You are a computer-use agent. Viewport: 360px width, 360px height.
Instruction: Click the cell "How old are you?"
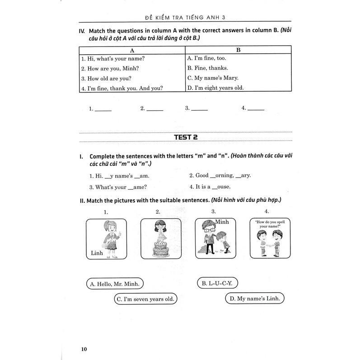(103, 79)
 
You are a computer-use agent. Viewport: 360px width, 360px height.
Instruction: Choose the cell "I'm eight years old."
(215, 88)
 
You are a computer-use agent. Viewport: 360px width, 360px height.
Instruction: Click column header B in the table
(238, 50)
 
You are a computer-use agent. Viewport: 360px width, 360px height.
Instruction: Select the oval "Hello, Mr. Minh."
(115, 284)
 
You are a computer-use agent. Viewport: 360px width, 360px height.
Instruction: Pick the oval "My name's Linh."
(255, 299)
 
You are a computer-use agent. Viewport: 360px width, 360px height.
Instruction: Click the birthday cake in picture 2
(159, 248)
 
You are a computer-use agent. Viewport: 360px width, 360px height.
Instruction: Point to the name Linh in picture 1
(97, 253)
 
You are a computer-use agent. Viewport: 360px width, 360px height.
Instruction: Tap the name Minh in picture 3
(222, 221)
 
